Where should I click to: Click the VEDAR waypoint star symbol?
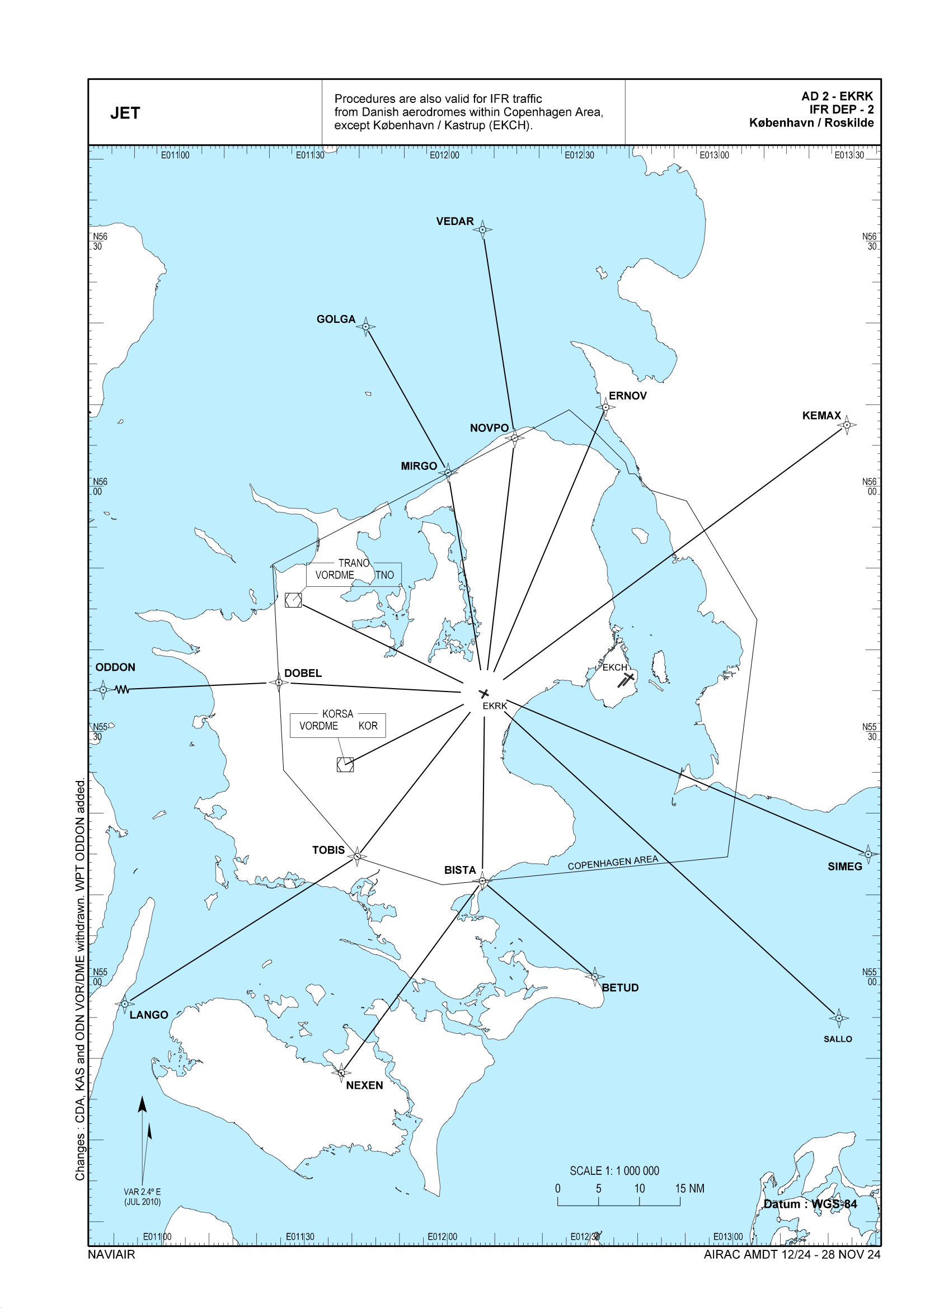(x=482, y=229)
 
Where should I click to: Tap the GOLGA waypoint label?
(x=336, y=319)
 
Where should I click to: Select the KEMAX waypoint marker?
(x=846, y=425)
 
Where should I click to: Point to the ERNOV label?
(x=627, y=396)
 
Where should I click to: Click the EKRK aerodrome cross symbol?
(x=484, y=693)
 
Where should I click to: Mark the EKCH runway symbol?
(x=626, y=679)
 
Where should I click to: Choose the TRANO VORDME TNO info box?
(x=354, y=573)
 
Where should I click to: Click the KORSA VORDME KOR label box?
(x=337, y=724)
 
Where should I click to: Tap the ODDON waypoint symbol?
(x=102, y=689)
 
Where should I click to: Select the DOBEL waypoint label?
(x=303, y=673)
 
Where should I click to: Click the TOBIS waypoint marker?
(x=357, y=855)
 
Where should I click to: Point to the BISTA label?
(x=459, y=870)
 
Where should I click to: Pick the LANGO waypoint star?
(x=124, y=1003)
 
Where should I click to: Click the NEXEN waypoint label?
(x=364, y=1085)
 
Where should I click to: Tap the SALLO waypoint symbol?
(x=838, y=1018)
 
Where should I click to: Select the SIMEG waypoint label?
(x=844, y=866)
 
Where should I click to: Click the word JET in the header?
(x=125, y=113)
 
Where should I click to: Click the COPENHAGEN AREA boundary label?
(x=612, y=863)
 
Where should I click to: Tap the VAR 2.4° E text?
(x=142, y=1191)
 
